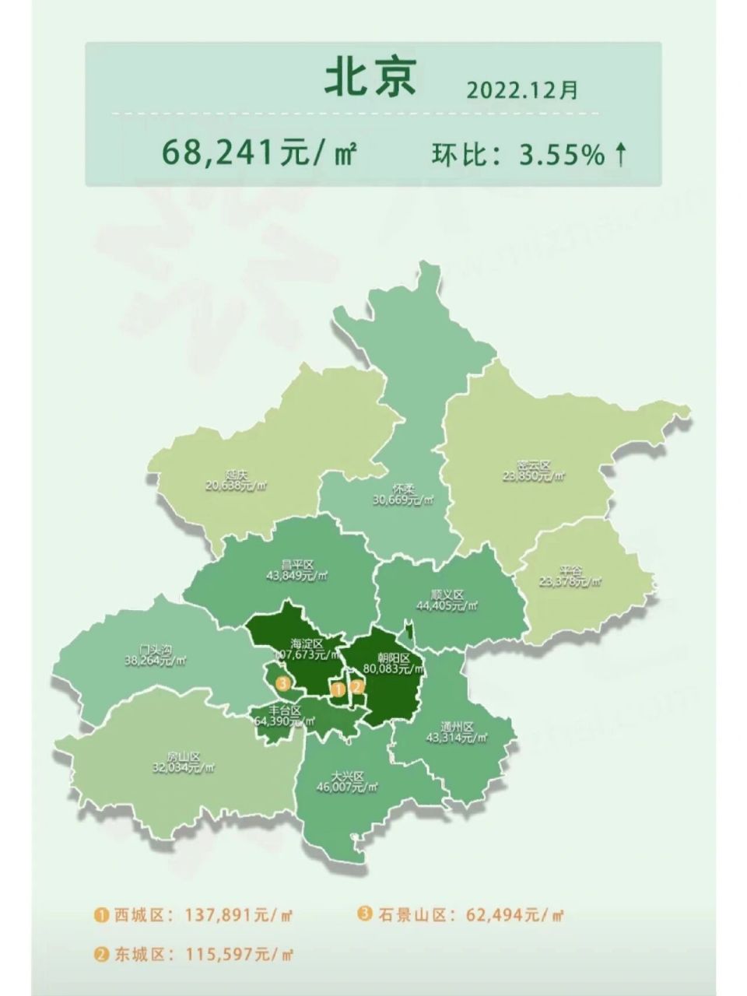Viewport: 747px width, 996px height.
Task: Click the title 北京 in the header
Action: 370,79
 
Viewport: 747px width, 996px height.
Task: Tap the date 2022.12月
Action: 522,90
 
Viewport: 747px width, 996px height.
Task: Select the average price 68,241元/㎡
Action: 259,153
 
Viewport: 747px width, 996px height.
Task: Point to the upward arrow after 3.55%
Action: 620,155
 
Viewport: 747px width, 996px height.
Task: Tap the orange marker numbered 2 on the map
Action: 357,686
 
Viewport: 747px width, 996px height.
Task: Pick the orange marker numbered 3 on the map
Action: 283,684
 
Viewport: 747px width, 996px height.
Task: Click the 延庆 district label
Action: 237,475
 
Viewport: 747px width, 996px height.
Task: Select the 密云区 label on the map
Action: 533,466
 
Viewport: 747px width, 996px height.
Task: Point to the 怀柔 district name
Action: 403,489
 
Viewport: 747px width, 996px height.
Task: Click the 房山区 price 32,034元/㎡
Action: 184,767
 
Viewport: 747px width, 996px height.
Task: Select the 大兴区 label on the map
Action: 347,777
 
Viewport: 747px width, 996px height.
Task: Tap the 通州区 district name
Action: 457,727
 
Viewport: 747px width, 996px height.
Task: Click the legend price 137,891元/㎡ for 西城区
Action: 239,916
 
